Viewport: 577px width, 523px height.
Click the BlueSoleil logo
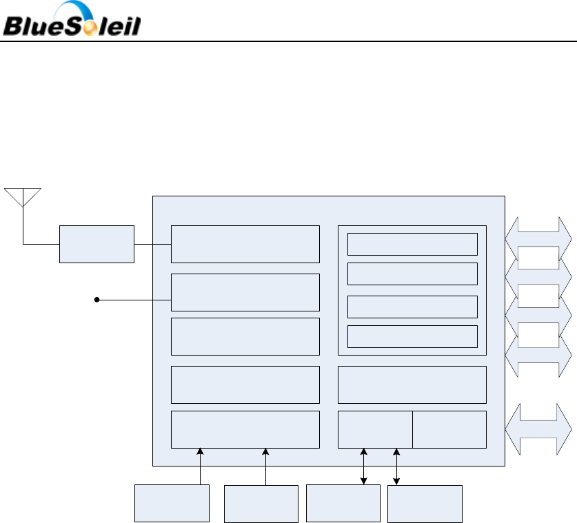coord(72,21)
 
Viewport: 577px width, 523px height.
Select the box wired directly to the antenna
coord(97,243)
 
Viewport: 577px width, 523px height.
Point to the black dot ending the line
coord(97,300)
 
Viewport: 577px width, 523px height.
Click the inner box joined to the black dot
coord(245,292)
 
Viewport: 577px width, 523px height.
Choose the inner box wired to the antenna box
coord(245,243)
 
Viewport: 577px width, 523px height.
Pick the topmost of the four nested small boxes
coord(412,244)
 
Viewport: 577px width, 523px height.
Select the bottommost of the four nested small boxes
coord(412,336)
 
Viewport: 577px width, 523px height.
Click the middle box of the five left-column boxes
coord(245,336)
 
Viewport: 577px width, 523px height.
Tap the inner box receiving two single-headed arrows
coord(245,429)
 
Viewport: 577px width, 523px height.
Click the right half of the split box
coord(449,429)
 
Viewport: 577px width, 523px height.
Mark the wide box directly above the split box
coord(412,384)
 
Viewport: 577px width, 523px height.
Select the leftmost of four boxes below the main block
coord(172,503)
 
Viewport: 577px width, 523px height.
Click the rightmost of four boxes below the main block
coord(425,503)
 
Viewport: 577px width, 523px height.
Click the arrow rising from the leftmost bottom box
coord(200,466)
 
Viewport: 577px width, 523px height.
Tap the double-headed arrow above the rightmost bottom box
coord(397,466)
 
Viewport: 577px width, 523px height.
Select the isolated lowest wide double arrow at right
coord(538,429)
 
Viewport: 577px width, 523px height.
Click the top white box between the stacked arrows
coord(538,257)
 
